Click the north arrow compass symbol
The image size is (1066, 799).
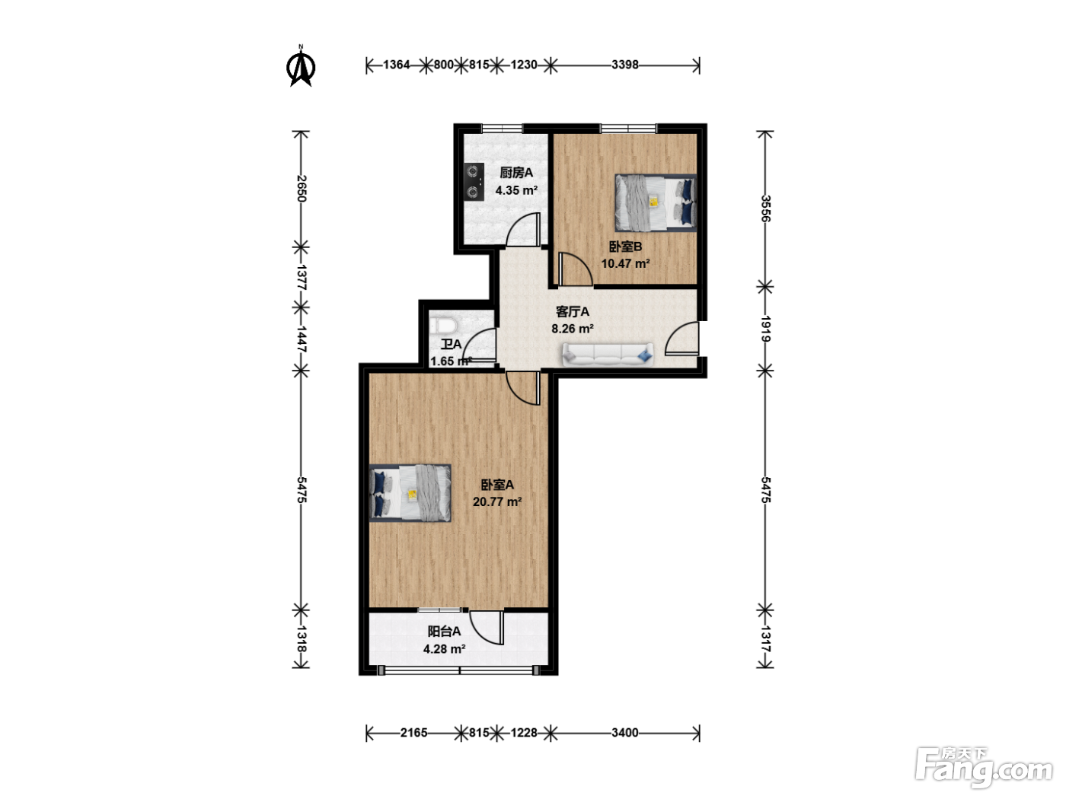[x=301, y=66]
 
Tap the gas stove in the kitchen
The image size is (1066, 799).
[x=474, y=182]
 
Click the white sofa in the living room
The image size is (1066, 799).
[x=608, y=354]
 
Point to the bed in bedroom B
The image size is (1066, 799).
[x=656, y=202]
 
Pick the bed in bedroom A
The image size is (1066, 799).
[x=410, y=493]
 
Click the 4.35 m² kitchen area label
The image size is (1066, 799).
[x=516, y=190]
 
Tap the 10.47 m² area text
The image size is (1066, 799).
[x=626, y=263]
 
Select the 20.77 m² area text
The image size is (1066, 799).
[x=497, y=501]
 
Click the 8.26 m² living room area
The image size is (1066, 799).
[x=573, y=329]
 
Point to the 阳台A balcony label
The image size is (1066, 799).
[x=445, y=631]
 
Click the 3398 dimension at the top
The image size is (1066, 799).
[x=625, y=65]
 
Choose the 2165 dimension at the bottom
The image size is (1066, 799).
[x=413, y=733]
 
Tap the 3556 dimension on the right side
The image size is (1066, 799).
[x=765, y=209]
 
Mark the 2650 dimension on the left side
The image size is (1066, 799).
[x=302, y=189]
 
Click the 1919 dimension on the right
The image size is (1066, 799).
[x=765, y=329]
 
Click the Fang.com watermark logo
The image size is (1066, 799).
[x=984, y=767]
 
